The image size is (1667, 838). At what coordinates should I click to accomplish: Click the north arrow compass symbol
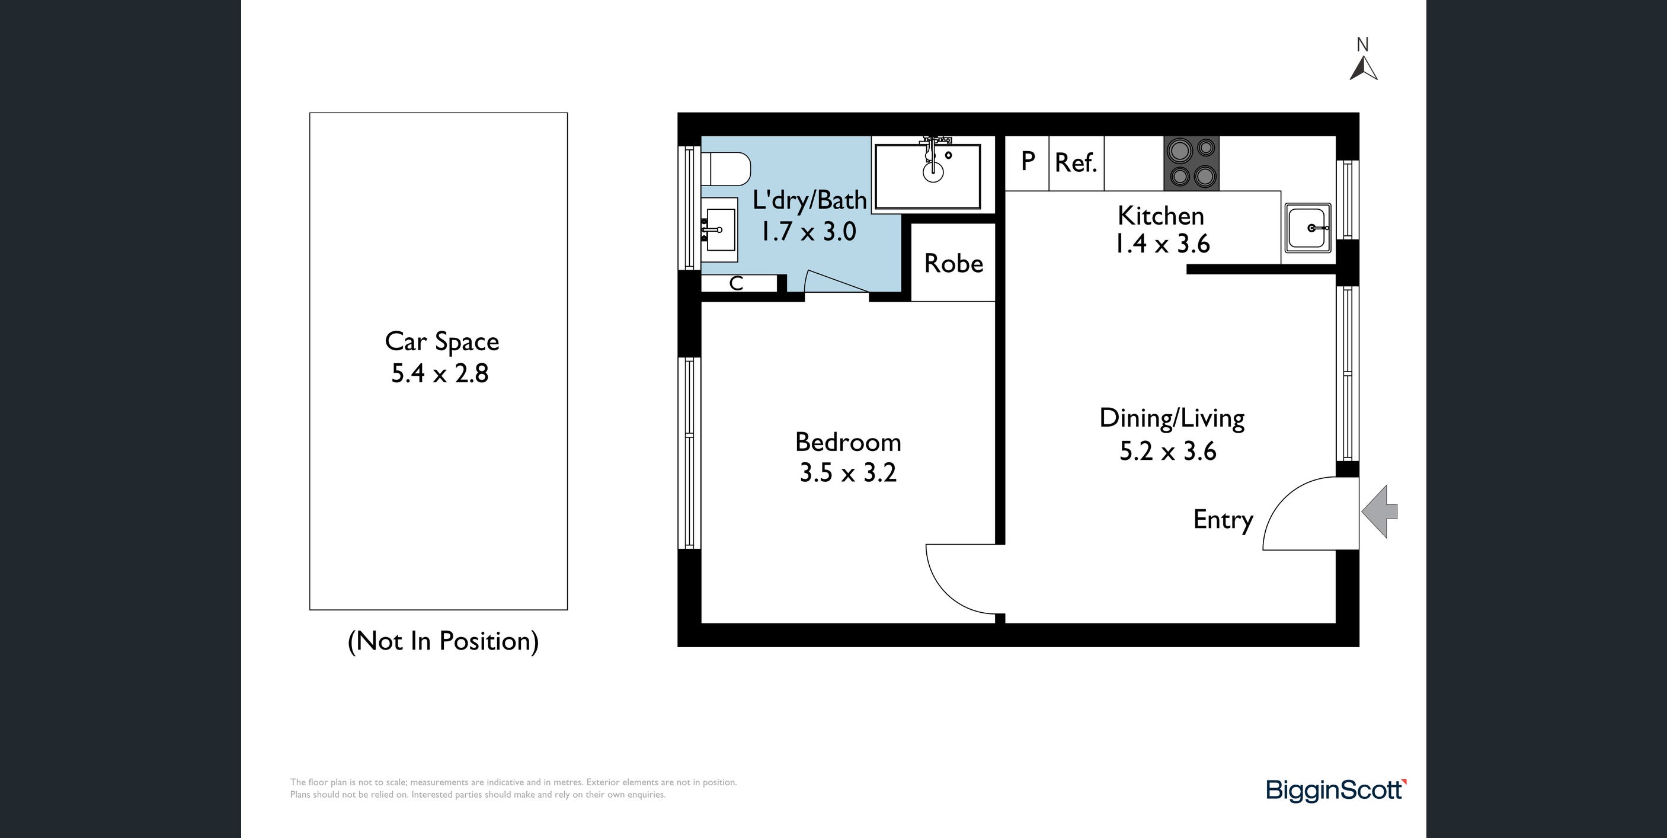[1363, 68]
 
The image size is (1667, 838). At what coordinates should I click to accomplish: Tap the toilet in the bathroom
[725, 169]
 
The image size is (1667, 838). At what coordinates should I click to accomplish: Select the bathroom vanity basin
[719, 229]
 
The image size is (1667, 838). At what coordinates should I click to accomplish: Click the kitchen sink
[1308, 228]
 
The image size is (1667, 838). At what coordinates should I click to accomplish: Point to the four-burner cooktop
[1191, 163]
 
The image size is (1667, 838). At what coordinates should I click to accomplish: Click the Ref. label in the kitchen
[1076, 163]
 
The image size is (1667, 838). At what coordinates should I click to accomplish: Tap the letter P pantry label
[1028, 161]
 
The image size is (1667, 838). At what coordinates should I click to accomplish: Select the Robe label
[954, 263]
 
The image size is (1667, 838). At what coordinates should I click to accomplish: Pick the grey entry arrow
[1380, 511]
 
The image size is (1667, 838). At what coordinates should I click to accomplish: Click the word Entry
[1223, 520]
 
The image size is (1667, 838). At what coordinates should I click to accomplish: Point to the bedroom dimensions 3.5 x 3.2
[848, 473]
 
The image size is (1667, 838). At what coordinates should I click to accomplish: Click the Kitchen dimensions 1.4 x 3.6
[1162, 244]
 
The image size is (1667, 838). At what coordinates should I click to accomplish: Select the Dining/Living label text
[1172, 418]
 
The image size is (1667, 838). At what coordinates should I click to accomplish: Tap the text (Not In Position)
[443, 641]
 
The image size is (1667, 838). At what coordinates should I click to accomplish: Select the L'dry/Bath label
[809, 200]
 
